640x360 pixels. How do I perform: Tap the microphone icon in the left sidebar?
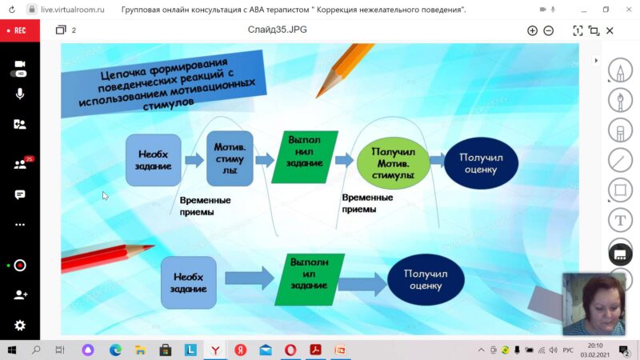pyautogui.click(x=19, y=94)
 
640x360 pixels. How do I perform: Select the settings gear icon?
pyautogui.click(x=19, y=326)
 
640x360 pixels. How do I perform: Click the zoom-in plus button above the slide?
pyautogui.click(x=532, y=30)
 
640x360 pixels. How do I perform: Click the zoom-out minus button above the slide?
pyautogui.click(x=549, y=30)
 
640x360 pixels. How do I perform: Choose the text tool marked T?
pyautogui.click(x=620, y=221)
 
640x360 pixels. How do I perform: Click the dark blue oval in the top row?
pyautogui.click(x=481, y=163)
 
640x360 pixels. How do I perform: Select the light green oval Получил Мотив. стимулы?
pyautogui.click(x=393, y=163)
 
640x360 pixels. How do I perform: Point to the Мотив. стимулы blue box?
pyautogui.click(x=230, y=158)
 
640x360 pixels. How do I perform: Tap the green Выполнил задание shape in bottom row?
pyautogui.click(x=310, y=279)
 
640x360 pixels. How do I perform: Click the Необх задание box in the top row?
pyautogui.click(x=154, y=160)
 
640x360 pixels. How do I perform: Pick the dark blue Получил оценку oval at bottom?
pyautogui.click(x=426, y=279)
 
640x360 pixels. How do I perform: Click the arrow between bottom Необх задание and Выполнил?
pyautogui.click(x=250, y=278)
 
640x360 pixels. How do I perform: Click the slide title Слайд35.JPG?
pyautogui.click(x=277, y=30)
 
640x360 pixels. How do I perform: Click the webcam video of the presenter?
pyautogui.click(x=594, y=305)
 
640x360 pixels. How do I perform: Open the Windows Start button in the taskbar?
pyautogui.click(x=12, y=350)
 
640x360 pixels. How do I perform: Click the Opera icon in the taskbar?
pyautogui.click(x=290, y=350)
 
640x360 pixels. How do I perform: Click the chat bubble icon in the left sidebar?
pyautogui.click(x=19, y=194)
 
